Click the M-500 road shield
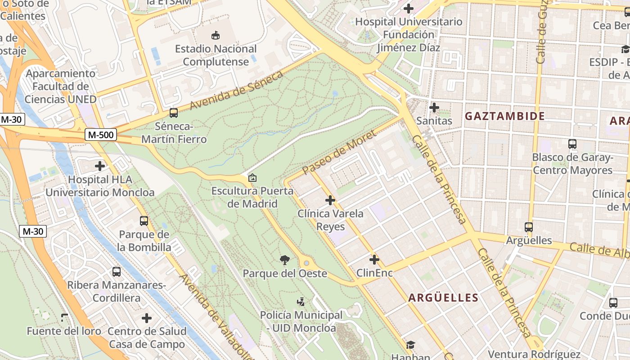click(101, 135)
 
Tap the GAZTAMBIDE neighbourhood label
click(504, 116)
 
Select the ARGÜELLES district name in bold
click(443, 297)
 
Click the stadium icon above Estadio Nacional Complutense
click(216, 35)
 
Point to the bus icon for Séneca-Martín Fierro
click(174, 113)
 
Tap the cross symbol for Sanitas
click(434, 108)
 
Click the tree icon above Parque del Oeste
click(284, 260)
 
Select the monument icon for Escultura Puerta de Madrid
click(252, 178)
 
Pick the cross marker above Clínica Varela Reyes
click(330, 200)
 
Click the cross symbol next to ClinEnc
click(374, 260)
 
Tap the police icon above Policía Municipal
click(301, 301)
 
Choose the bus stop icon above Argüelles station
click(529, 227)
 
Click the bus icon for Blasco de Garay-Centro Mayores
click(572, 144)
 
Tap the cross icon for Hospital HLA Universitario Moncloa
click(100, 166)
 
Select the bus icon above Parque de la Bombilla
click(144, 221)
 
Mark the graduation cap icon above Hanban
click(410, 345)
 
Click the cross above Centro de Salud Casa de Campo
click(147, 318)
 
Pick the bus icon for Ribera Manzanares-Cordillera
click(117, 271)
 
